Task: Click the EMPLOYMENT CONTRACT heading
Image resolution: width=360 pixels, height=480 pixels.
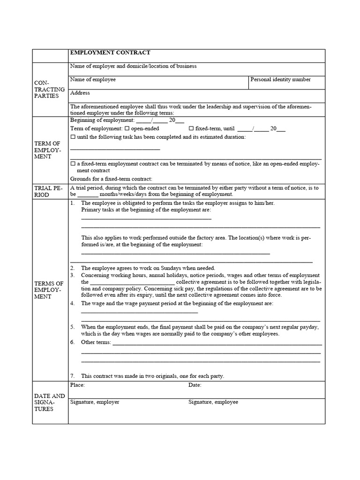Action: [110, 53]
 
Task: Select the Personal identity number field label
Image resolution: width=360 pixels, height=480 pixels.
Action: [280, 80]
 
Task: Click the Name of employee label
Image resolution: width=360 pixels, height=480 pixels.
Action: [93, 80]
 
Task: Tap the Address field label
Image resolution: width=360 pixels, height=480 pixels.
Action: [80, 93]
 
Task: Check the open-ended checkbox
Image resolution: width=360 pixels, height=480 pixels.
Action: [127, 128]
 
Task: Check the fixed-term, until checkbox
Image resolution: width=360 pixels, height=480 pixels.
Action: [191, 128]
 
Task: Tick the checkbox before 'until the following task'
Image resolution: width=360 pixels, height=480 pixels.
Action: [73, 137]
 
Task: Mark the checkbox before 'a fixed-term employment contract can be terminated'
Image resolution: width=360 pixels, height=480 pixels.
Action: [73, 164]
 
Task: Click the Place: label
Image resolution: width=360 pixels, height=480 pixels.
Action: [77, 385]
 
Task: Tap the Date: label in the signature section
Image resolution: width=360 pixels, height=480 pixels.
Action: [195, 385]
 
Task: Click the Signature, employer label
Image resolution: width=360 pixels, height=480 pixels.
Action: [94, 402]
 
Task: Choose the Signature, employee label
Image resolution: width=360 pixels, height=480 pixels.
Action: [213, 402]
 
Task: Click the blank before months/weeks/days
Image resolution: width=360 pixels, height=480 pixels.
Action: [88, 195]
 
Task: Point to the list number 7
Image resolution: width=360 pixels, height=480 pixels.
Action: [72, 376]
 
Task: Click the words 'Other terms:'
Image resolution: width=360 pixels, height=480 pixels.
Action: [96, 342]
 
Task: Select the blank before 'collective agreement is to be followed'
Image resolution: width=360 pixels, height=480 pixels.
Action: [132, 283]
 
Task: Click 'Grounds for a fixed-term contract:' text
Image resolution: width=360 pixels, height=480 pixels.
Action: [111, 179]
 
